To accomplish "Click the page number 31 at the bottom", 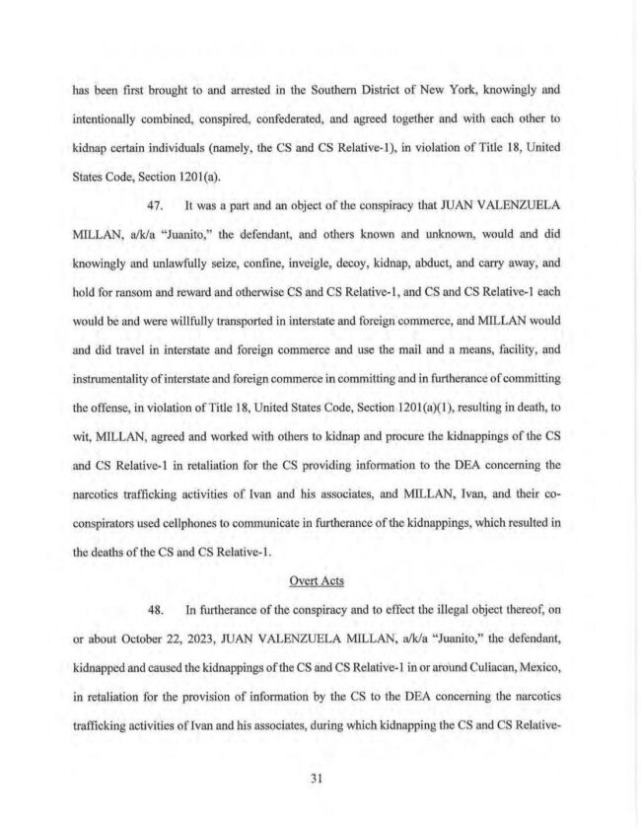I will pyautogui.click(x=318, y=777).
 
